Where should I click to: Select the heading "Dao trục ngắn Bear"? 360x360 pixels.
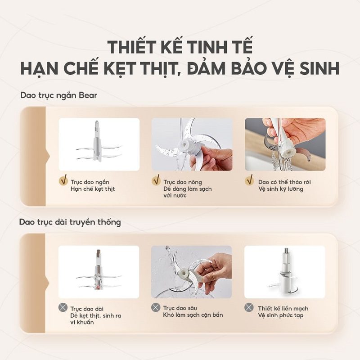coord(58,95)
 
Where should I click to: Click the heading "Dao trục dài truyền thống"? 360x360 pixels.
coord(70,222)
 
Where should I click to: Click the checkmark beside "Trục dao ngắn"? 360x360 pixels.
coord(63,181)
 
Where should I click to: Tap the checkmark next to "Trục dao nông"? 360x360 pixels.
coord(156,181)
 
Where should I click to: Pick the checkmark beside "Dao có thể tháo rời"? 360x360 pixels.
coord(249,181)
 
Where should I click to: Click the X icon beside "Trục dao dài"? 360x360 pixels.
coord(63,308)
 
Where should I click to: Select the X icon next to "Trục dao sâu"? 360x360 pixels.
coord(156,308)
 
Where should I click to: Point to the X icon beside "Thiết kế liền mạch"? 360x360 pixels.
coord(249,308)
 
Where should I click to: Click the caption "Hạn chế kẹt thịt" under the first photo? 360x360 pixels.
coord(93,189)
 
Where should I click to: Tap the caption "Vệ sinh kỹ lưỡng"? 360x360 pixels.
coord(280,189)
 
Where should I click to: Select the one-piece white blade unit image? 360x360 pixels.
coord(284,272)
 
